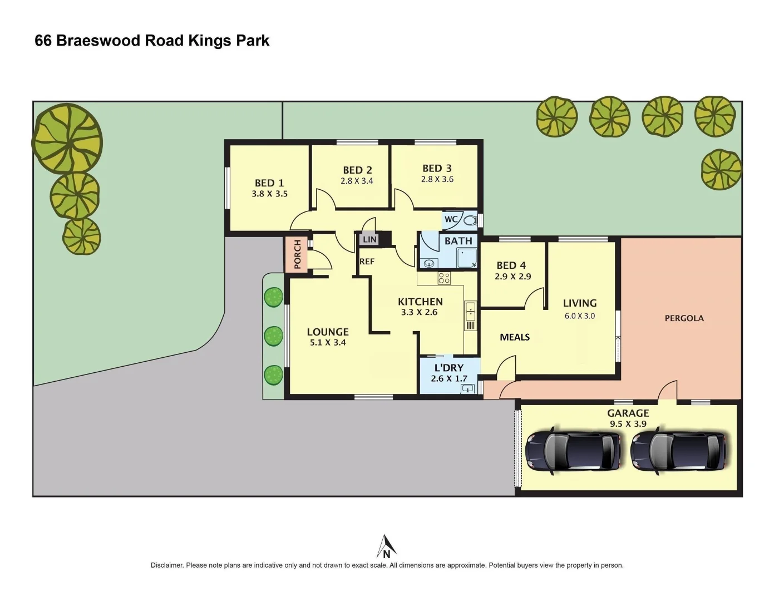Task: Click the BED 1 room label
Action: pyautogui.click(x=269, y=183)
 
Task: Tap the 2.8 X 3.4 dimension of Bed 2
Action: pyautogui.click(x=357, y=181)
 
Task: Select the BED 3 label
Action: pyautogui.click(x=437, y=168)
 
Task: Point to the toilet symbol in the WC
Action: pyautogui.click(x=470, y=220)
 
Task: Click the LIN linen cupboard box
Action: pyautogui.click(x=369, y=239)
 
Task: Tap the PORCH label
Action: pyautogui.click(x=297, y=254)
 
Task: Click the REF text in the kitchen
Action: pyautogui.click(x=367, y=262)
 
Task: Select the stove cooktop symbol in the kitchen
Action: pyautogui.click(x=444, y=278)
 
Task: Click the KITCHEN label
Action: pyautogui.click(x=420, y=302)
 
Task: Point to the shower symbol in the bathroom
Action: pyautogui.click(x=466, y=259)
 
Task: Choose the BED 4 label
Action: pyautogui.click(x=511, y=265)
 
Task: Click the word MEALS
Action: pyautogui.click(x=515, y=337)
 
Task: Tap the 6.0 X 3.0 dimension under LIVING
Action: pyautogui.click(x=579, y=316)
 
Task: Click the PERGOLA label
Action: pyautogui.click(x=684, y=318)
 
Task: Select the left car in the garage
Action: pyautogui.click(x=573, y=450)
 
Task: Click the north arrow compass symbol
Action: pyautogui.click(x=386, y=546)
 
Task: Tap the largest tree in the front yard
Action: pyautogui.click(x=68, y=139)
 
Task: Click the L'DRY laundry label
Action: pyautogui.click(x=448, y=368)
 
